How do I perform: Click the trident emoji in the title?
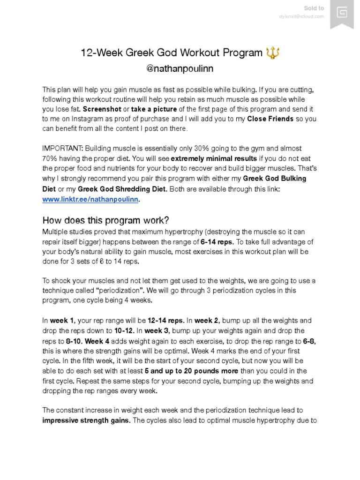272,53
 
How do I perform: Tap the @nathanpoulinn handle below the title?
180,68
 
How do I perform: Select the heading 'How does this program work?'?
105,220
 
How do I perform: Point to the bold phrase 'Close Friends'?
270,119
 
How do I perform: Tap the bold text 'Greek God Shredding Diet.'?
122,189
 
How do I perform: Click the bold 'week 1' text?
62,321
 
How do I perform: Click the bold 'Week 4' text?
97,341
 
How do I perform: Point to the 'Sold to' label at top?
314,8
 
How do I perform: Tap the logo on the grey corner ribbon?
342,12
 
